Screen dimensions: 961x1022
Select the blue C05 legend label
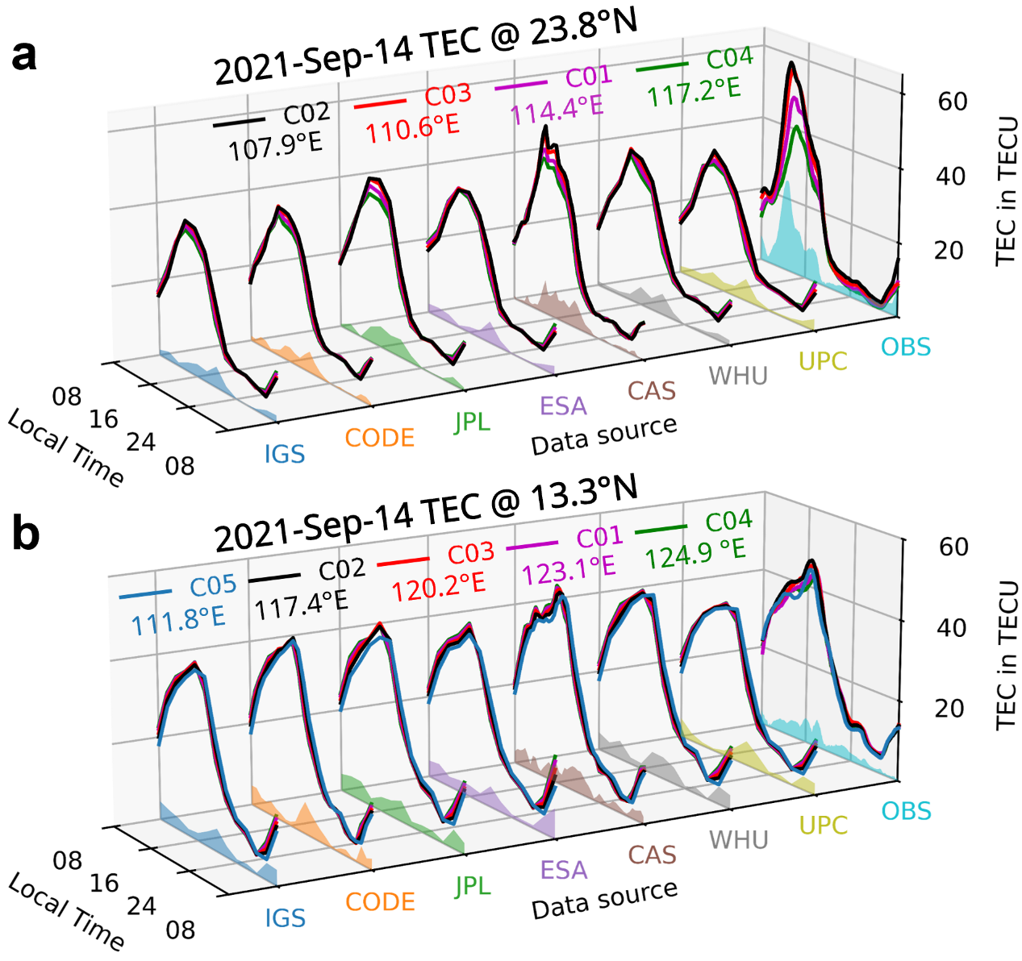tap(213, 585)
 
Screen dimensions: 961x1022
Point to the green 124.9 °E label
tap(695, 553)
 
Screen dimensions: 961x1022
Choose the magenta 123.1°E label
tap(568, 569)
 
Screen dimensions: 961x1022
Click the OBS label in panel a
tap(905, 347)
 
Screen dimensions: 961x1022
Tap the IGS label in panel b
tap(285, 918)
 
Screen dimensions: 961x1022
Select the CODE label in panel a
tap(379, 438)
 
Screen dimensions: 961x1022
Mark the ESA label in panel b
tap(563, 870)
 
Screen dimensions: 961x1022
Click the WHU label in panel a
tap(738, 376)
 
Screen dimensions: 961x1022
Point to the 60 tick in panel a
tap(952, 102)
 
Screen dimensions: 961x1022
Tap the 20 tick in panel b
tap(952, 708)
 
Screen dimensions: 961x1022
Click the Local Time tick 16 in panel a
tap(103, 419)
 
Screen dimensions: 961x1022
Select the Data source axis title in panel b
tap(604, 898)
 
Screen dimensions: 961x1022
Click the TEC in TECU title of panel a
tap(1007, 191)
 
